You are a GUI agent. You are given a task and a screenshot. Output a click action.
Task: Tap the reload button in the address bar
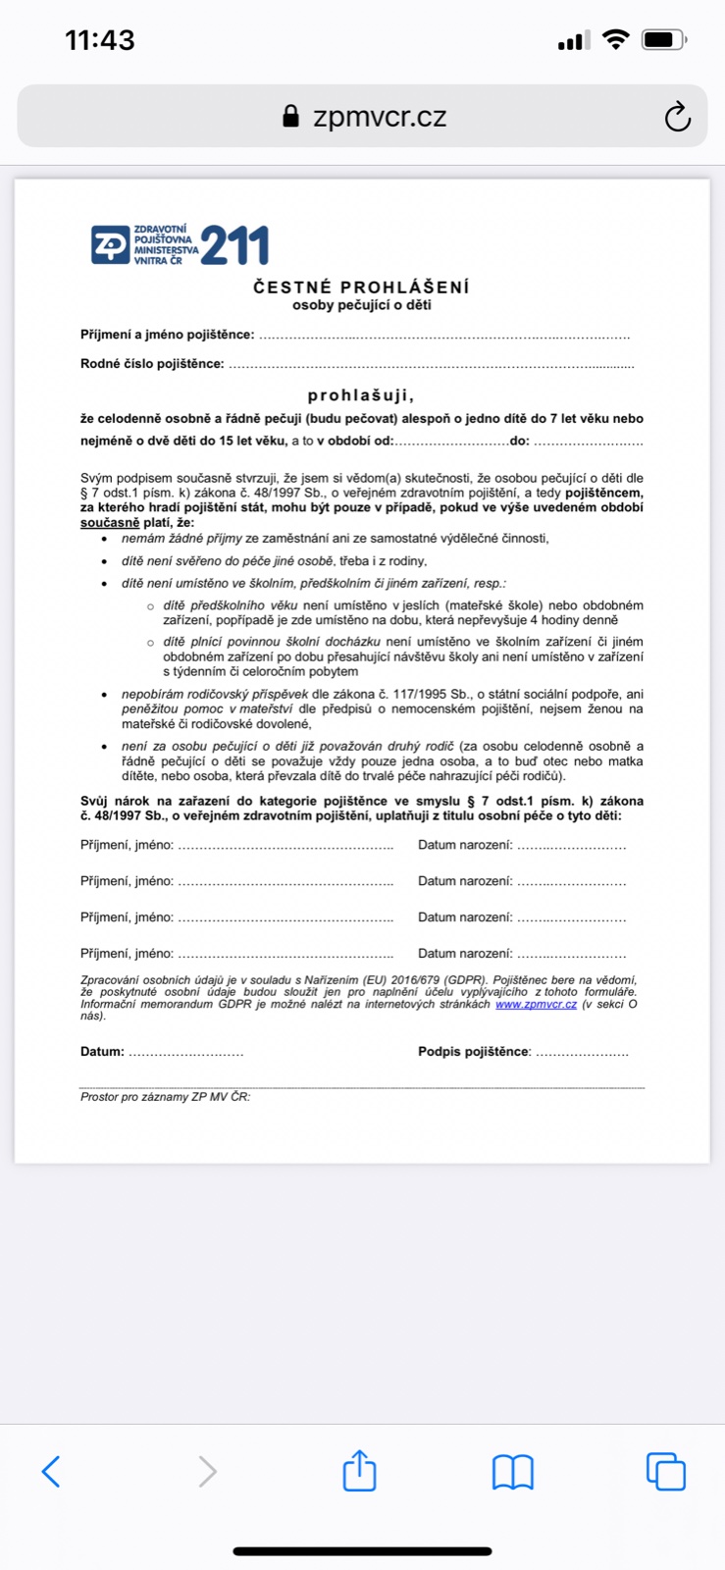(677, 117)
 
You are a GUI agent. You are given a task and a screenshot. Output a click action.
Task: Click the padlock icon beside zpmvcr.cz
(290, 117)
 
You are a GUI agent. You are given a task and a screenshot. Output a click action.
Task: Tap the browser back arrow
(52, 1471)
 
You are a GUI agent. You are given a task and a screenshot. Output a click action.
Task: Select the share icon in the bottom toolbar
(359, 1470)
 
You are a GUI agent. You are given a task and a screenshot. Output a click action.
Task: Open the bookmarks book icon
(512, 1471)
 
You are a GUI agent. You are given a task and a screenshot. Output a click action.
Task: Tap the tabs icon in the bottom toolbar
(665, 1471)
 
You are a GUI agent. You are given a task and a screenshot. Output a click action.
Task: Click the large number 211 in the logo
(234, 245)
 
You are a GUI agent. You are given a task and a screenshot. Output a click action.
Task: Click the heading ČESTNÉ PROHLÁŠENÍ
(361, 288)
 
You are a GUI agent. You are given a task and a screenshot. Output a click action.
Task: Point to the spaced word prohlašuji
(361, 396)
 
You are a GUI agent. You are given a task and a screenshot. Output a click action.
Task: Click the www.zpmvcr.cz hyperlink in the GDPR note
(536, 1004)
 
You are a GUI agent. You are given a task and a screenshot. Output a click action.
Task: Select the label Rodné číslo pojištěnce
(152, 364)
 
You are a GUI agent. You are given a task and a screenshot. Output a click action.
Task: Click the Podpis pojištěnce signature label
(474, 1052)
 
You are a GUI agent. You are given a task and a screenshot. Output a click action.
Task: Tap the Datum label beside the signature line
(102, 1052)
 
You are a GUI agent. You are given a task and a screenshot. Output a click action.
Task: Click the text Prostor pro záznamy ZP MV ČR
(165, 1097)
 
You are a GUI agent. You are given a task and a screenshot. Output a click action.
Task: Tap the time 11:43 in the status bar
(99, 40)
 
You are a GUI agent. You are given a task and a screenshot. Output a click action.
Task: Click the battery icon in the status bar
(664, 40)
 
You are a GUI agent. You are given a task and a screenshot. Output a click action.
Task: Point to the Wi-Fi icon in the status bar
(615, 40)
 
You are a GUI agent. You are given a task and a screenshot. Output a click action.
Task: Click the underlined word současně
(110, 523)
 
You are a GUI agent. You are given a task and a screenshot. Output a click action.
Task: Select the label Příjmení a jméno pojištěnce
(167, 335)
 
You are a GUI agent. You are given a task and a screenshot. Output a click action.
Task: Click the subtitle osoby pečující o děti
(361, 305)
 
